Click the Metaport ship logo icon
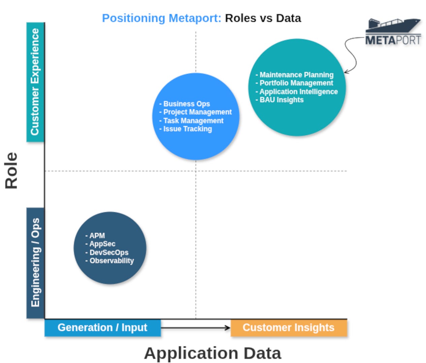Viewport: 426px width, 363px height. coord(393,25)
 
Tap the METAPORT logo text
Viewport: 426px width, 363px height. coord(393,40)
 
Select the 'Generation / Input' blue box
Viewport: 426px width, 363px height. coord(102,328)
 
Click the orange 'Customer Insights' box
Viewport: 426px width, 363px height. coord(289,328)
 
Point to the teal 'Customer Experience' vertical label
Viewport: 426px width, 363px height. coord(35,82)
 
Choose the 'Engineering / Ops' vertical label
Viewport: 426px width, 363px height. coord(35,263)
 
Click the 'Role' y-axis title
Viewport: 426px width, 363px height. coord(11,170)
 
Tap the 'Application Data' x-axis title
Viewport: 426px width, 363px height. coord(212,353)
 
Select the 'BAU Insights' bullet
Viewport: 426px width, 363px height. coord(282,100)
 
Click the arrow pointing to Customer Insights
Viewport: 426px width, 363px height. coord(195,328)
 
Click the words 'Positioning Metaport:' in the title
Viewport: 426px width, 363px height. coord(162,18)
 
